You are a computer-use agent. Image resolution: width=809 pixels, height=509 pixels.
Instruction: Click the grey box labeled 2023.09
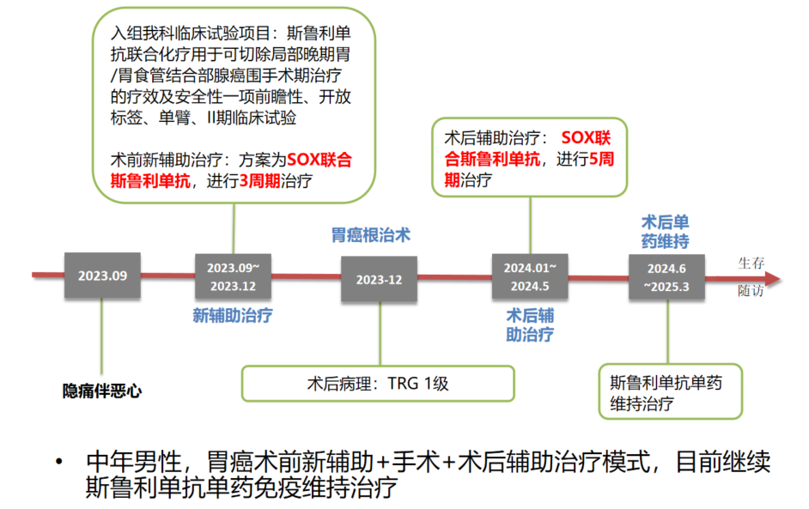pyautogui.click(x=102, y=276)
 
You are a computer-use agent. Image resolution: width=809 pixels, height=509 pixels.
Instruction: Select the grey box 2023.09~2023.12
pyautogui.click(x=233, y=276)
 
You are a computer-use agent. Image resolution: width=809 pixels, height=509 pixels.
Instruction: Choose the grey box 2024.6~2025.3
pyautogui.click(x=666, y=276)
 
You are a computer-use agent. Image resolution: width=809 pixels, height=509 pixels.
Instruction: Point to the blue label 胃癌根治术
pyautogui.click(x=371, y=235)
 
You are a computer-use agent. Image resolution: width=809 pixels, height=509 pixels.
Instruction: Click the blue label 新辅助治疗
pyautogui.click(x=233, y=315)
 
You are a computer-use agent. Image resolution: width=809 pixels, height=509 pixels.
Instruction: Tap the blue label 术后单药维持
pyautogui.click(x=665, y=231)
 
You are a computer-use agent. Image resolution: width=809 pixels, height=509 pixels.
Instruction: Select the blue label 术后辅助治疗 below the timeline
pyautogui.click(x=530, y=324)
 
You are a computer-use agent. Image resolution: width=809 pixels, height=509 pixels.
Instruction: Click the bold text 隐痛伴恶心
pyautogui.click(x=102, y=391)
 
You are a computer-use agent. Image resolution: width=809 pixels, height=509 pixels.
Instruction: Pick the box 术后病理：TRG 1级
pyautogui.click(x=378, y=384)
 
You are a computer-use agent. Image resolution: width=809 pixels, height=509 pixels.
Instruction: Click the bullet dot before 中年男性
pyautogui.click(x=59, y=463)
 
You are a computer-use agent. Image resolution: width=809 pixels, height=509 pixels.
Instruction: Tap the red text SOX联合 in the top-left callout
pyautogui.click(x=319, y=160)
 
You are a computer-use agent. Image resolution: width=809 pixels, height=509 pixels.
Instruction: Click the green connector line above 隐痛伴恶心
pyautogui.click(x=102, y=335)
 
